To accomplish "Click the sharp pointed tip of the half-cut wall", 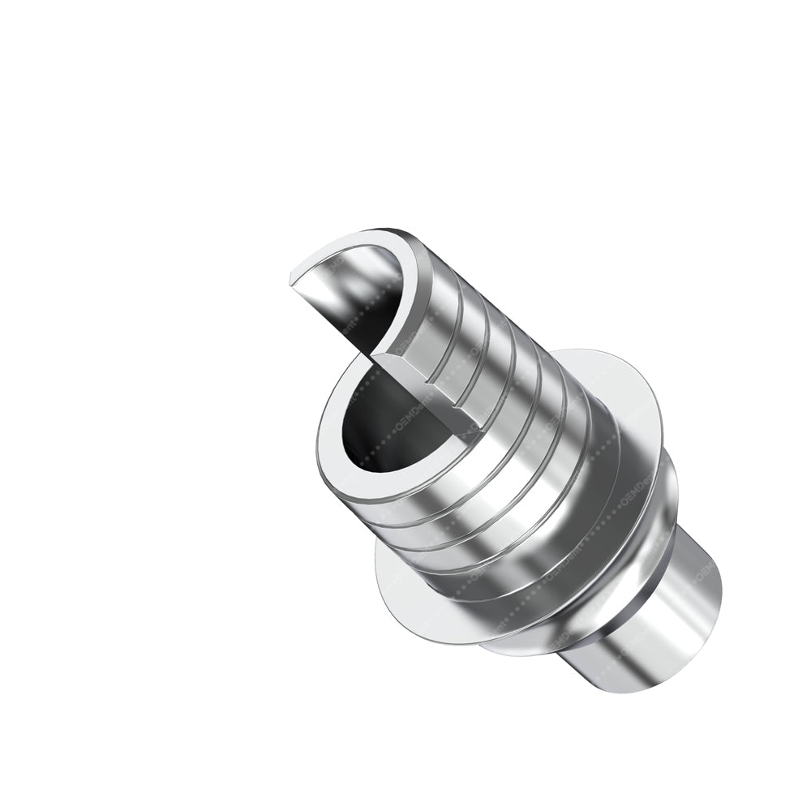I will [291, 281].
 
